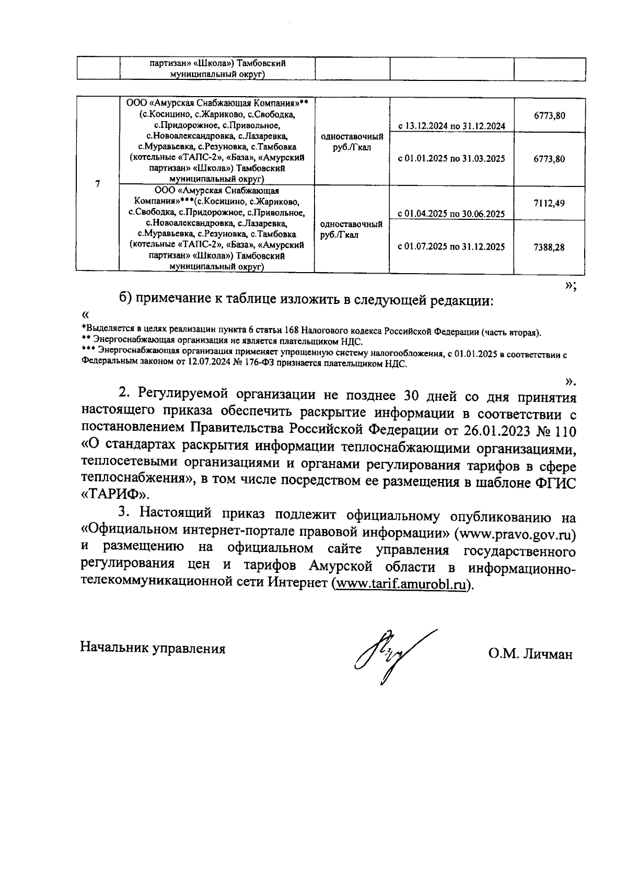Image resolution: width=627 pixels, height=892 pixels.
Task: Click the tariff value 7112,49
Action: [549, 203]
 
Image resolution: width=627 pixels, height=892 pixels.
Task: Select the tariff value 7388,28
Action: [549, 248]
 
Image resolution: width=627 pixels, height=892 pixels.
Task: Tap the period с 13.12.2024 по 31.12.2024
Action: [451, 126]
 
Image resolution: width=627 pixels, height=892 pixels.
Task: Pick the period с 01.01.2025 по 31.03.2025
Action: [451, 159]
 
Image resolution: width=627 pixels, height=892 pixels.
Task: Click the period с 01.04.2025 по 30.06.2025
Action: [451, 214]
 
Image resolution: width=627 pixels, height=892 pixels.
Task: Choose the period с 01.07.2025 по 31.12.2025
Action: [451, 247]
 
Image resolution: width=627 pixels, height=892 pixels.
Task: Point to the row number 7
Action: [98, 184]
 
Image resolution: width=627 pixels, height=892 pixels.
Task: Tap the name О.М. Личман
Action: [530, 654]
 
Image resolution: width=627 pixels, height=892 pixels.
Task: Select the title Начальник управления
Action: [153, 649]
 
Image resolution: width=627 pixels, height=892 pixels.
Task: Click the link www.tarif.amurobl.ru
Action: [400, 584]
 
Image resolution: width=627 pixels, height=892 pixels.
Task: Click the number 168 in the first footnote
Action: [293, 332]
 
